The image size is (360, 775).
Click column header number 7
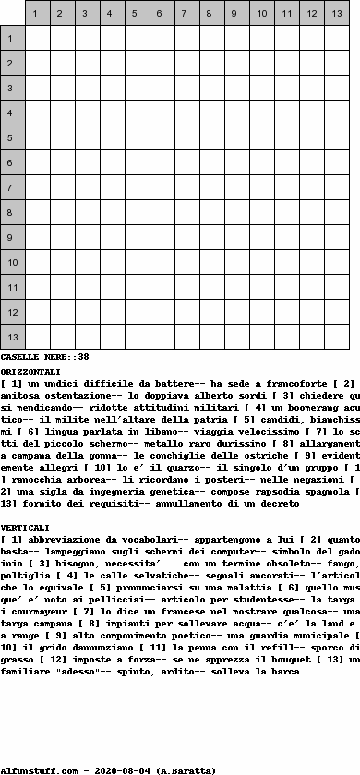(187, 14)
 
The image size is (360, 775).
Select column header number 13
(337, 14)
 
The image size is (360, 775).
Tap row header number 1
(12, 39)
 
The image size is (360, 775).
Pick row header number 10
(12, 263)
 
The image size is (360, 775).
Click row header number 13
(12, 338)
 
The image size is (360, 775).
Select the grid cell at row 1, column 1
(38, 39)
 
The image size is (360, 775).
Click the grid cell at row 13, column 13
(337, 338)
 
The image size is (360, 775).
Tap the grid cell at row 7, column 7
(187, 188)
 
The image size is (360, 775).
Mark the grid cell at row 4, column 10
(262, 113)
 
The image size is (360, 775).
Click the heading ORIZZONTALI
(30, 371)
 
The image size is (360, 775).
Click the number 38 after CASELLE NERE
(83, 357)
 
